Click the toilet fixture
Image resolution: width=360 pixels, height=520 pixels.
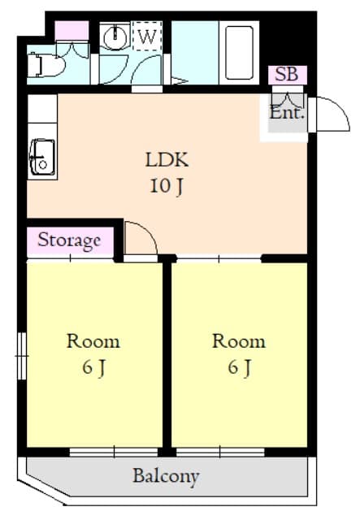coord(45,65)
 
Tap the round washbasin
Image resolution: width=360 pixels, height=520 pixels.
coord(115,37)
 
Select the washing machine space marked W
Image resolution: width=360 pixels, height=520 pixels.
coord(147,36)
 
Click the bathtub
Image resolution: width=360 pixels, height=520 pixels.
coord(239,52)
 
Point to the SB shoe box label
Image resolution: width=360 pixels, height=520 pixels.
coord(287,74)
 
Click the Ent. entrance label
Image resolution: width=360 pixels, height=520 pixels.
coord(287,113)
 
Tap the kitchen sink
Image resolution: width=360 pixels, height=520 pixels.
coord(42,157)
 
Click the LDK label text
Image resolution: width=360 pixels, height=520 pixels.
coord(167,160)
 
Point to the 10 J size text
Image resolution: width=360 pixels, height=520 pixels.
coord(167,186)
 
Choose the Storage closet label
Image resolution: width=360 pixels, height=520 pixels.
coord(69,240)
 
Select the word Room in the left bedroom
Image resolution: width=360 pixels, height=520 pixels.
coord(93,341)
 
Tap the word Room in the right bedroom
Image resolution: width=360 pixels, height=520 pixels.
coord(239,341)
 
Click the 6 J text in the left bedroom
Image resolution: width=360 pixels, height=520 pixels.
coord(94,367)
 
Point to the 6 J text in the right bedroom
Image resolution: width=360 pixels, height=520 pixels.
coord(239,367)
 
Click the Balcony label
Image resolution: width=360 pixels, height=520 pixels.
coord(166,477)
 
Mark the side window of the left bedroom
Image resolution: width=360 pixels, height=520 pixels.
coord(22,356)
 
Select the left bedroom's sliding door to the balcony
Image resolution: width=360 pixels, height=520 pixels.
coord(114,452)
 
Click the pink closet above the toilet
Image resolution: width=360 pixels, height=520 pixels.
coord(72,31)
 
